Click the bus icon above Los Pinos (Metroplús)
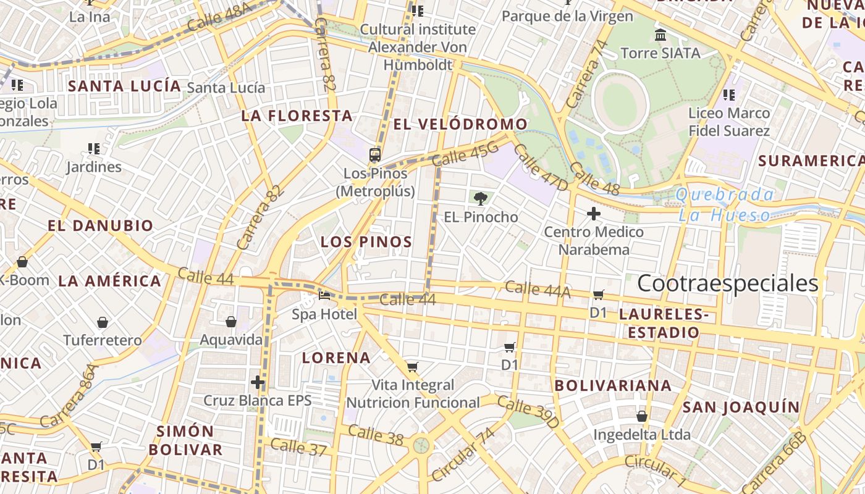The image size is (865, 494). click(x=375, y=154)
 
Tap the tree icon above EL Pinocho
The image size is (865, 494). click(x=480, y=198)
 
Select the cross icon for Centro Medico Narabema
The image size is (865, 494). click(x=594, y=214)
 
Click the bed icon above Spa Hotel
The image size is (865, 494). click(x=324, y=295)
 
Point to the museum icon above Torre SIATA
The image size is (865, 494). click(x=660, y=35)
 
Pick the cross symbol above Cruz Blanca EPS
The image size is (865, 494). click(x=258, y=382)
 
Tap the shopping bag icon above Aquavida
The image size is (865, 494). click(x=231, y=322)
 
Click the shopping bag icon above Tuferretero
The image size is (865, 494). click(x=103, y=322)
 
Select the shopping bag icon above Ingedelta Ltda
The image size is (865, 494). click(x=642, y=416)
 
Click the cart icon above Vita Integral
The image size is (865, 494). click(x=413, y=367)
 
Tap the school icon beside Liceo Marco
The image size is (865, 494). click(x=729, y=95)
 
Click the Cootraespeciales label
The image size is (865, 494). click(x=727, y=283)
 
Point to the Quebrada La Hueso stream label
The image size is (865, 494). click(x=724, y=205)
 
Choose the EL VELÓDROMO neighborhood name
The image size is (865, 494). click(x=460, y=124)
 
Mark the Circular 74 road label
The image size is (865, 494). click(x=463, y=454)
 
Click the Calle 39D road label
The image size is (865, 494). click(x=528, y=413)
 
